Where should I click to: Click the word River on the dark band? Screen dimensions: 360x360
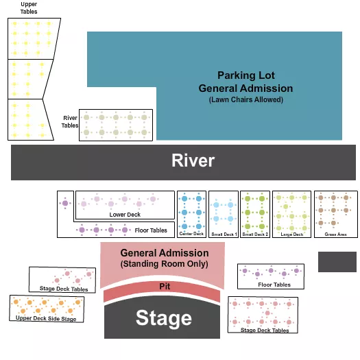(x=193, y=161)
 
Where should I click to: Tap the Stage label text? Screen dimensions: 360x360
(x=163, y=318)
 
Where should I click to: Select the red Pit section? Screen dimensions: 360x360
(x=164, y=287)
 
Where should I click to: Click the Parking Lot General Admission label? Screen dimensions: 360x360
(x=245, y=82)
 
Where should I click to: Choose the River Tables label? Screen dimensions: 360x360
(x=71, y=121)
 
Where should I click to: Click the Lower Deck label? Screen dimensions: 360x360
(x=125, y=215)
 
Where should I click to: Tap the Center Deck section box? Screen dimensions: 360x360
(x=191, y=213)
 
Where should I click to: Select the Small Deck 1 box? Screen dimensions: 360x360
(x=224, y=213)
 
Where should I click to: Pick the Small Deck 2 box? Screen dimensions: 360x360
(x=256, y=213)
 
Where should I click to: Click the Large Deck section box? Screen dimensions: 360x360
(x=292, y=213)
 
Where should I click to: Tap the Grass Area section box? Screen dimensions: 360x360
(x=335, y=213)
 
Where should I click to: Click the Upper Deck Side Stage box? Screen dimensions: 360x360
(x=46, y=309)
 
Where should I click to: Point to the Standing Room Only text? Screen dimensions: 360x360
(x=164, y=264)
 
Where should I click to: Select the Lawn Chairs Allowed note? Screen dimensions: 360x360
(x=245, y=100)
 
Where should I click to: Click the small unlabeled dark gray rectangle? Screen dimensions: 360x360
(x=337, y=261)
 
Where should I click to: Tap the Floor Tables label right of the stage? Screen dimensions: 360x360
(x=274, y=285)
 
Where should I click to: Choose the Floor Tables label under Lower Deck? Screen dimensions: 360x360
(x=151, y=230)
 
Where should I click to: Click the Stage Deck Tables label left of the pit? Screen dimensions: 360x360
(x=64, y=289)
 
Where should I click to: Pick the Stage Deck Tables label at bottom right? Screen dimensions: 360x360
(x=265, y=331)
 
